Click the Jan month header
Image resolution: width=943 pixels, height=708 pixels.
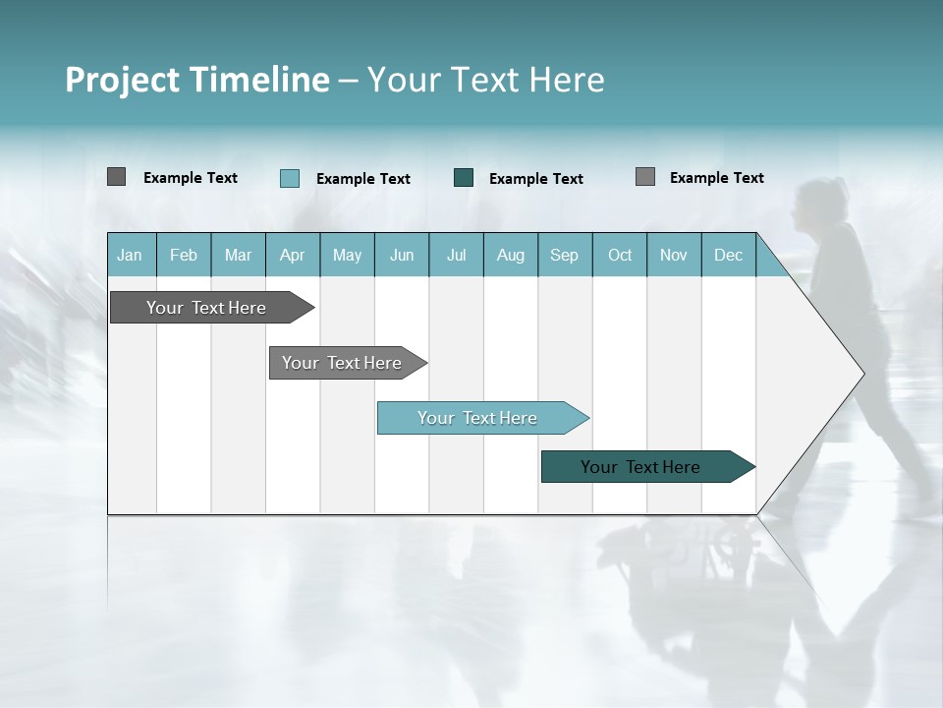pyautogui.click(x=130, y=256)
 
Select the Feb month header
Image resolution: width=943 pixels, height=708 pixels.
pyautogui.click(x=184, y=256)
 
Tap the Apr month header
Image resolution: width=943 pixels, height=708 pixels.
pyautogui.click(x=292, y=256)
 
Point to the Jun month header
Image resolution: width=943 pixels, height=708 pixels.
pyautogui.click(x=402, y=256)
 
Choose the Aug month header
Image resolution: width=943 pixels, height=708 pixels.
pyautogui.click(x=511, y=256)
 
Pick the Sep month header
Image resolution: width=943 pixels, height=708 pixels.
pyautogui.click(x=565, y=256)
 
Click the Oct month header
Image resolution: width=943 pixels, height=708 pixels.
pyautogui.click(x=620, y=256)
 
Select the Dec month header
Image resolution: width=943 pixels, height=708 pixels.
pyautogui.click(x=729, y=256)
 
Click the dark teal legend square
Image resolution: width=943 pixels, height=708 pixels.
pyautogui.click(x=464, y=178)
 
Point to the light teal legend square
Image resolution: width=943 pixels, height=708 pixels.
pyautogui.click(x=290, y=178)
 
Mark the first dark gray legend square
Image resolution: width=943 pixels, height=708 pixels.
pyautogui.click(x=116, y=177)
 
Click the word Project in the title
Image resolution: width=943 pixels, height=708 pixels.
pyautogui.click(x=123, y=80)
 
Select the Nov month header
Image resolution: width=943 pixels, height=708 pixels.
pyautogui.click(x=674, y=256)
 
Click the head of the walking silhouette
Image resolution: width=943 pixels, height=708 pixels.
pyautogui.click(x=817, y=200)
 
